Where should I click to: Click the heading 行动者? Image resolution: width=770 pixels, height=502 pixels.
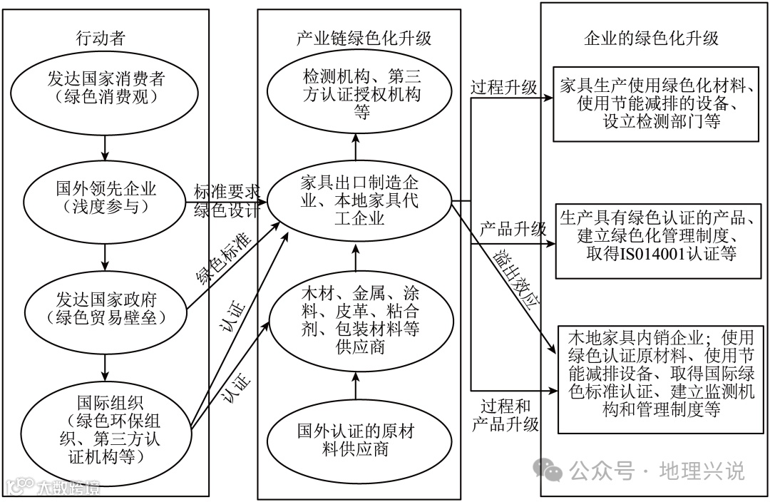pos(106,39)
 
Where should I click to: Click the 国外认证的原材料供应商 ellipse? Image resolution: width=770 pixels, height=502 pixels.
pos(354,440)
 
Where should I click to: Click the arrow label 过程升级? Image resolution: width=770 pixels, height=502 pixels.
pos(503,88)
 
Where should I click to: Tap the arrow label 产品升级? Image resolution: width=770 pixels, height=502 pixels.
pos(513,230)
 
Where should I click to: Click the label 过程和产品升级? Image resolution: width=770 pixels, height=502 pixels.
pos(505,415)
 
